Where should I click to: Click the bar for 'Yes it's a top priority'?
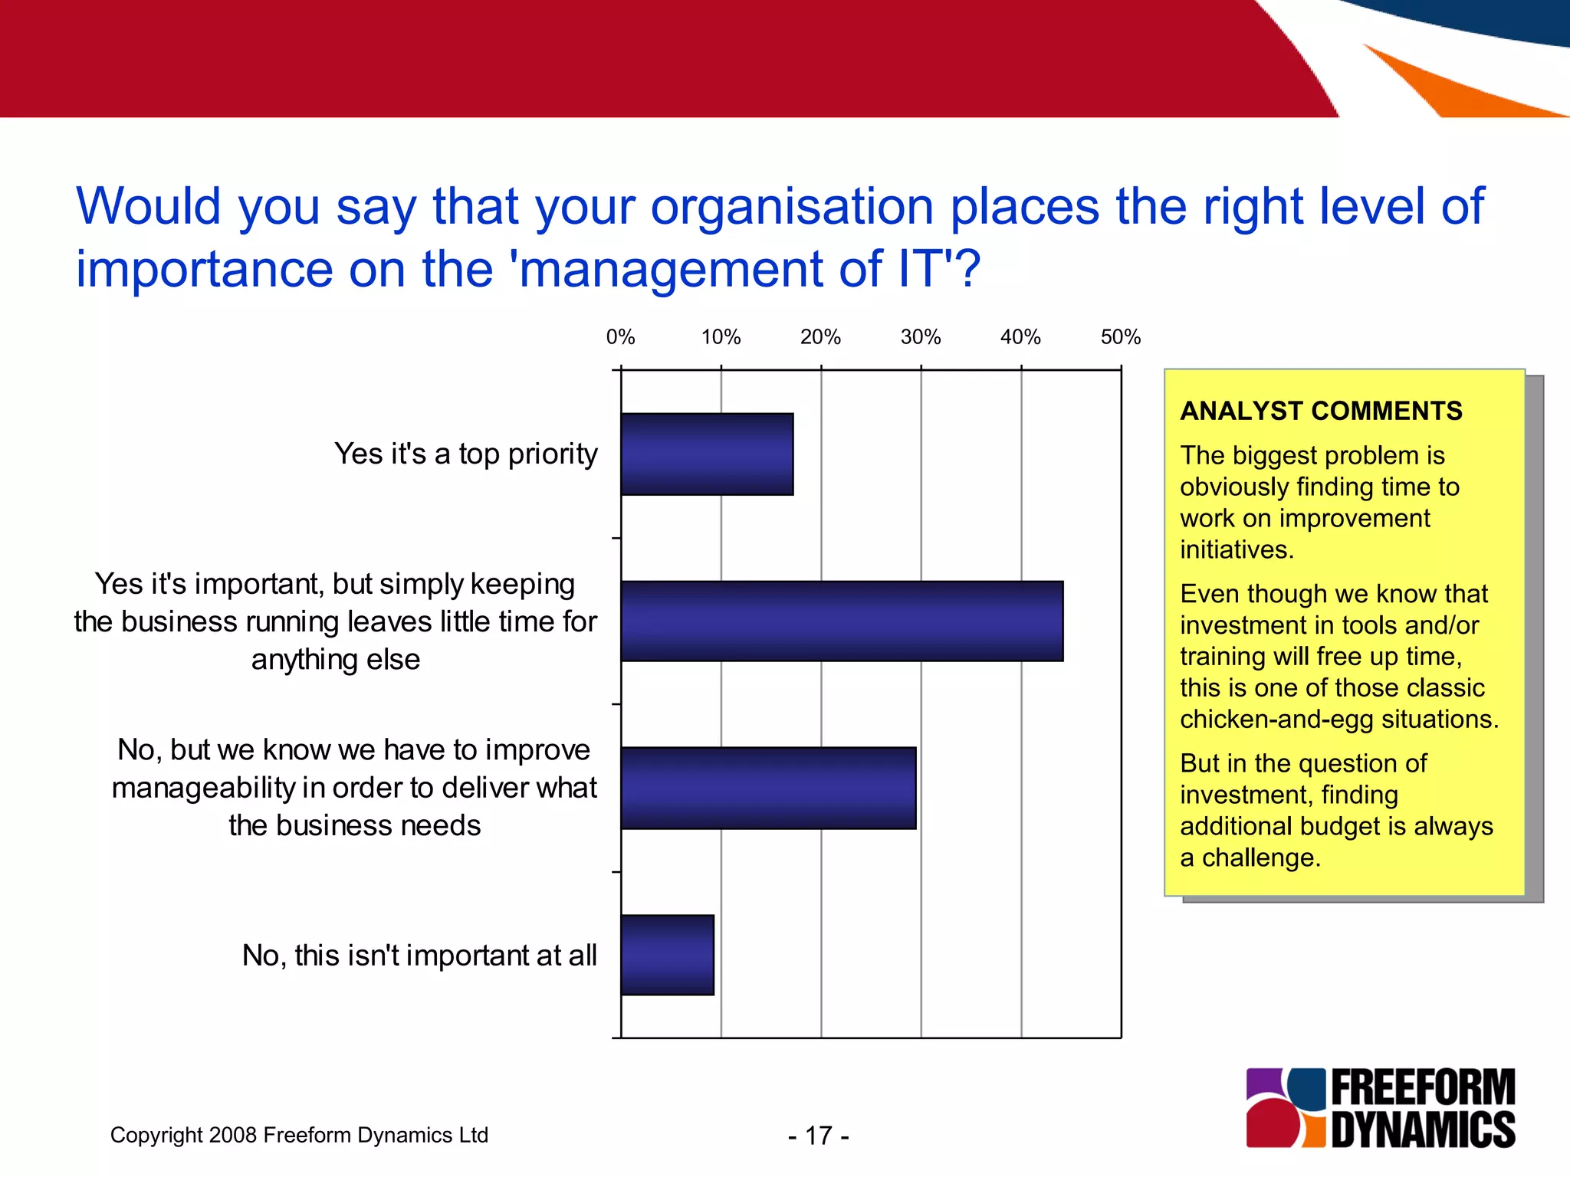pyautogui.click(x=707, y=454)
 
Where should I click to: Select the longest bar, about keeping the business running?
pyautogui.click(x=842, y=621)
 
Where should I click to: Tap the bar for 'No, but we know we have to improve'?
pyautogui.click(x=768, y=788)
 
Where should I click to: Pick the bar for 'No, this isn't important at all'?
pyautogui.click(x=667, y=955)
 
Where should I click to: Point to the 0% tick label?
pyautogui.click(x=620, y=337)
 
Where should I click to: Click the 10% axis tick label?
pyautogui.click(x=721, y=337)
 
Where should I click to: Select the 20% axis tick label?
pyautogui.click(x=820, y=337)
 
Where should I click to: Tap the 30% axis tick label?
pyautogui.click(x=921, y=337)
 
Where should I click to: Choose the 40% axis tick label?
pyautogui.click(x=1020, y=337)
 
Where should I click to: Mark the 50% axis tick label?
pyautogui.click(x=1121, y=337)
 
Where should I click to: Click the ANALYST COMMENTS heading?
pyautogui.click(x=1321, y=411)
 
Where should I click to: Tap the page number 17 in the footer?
pyautogui.click(x=819, y=1136)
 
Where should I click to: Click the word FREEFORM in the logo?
pyautogui.click(x=1423, y=1088)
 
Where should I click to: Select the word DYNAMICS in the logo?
pyautogui.click(x=1423, y=1129)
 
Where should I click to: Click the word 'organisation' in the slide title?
pyautogui.click(x=791, y=207)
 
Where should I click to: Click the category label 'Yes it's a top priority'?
pyautogui.click(x=465, y=454)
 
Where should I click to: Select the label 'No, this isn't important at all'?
pyautogui.click(x=419, y=956)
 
